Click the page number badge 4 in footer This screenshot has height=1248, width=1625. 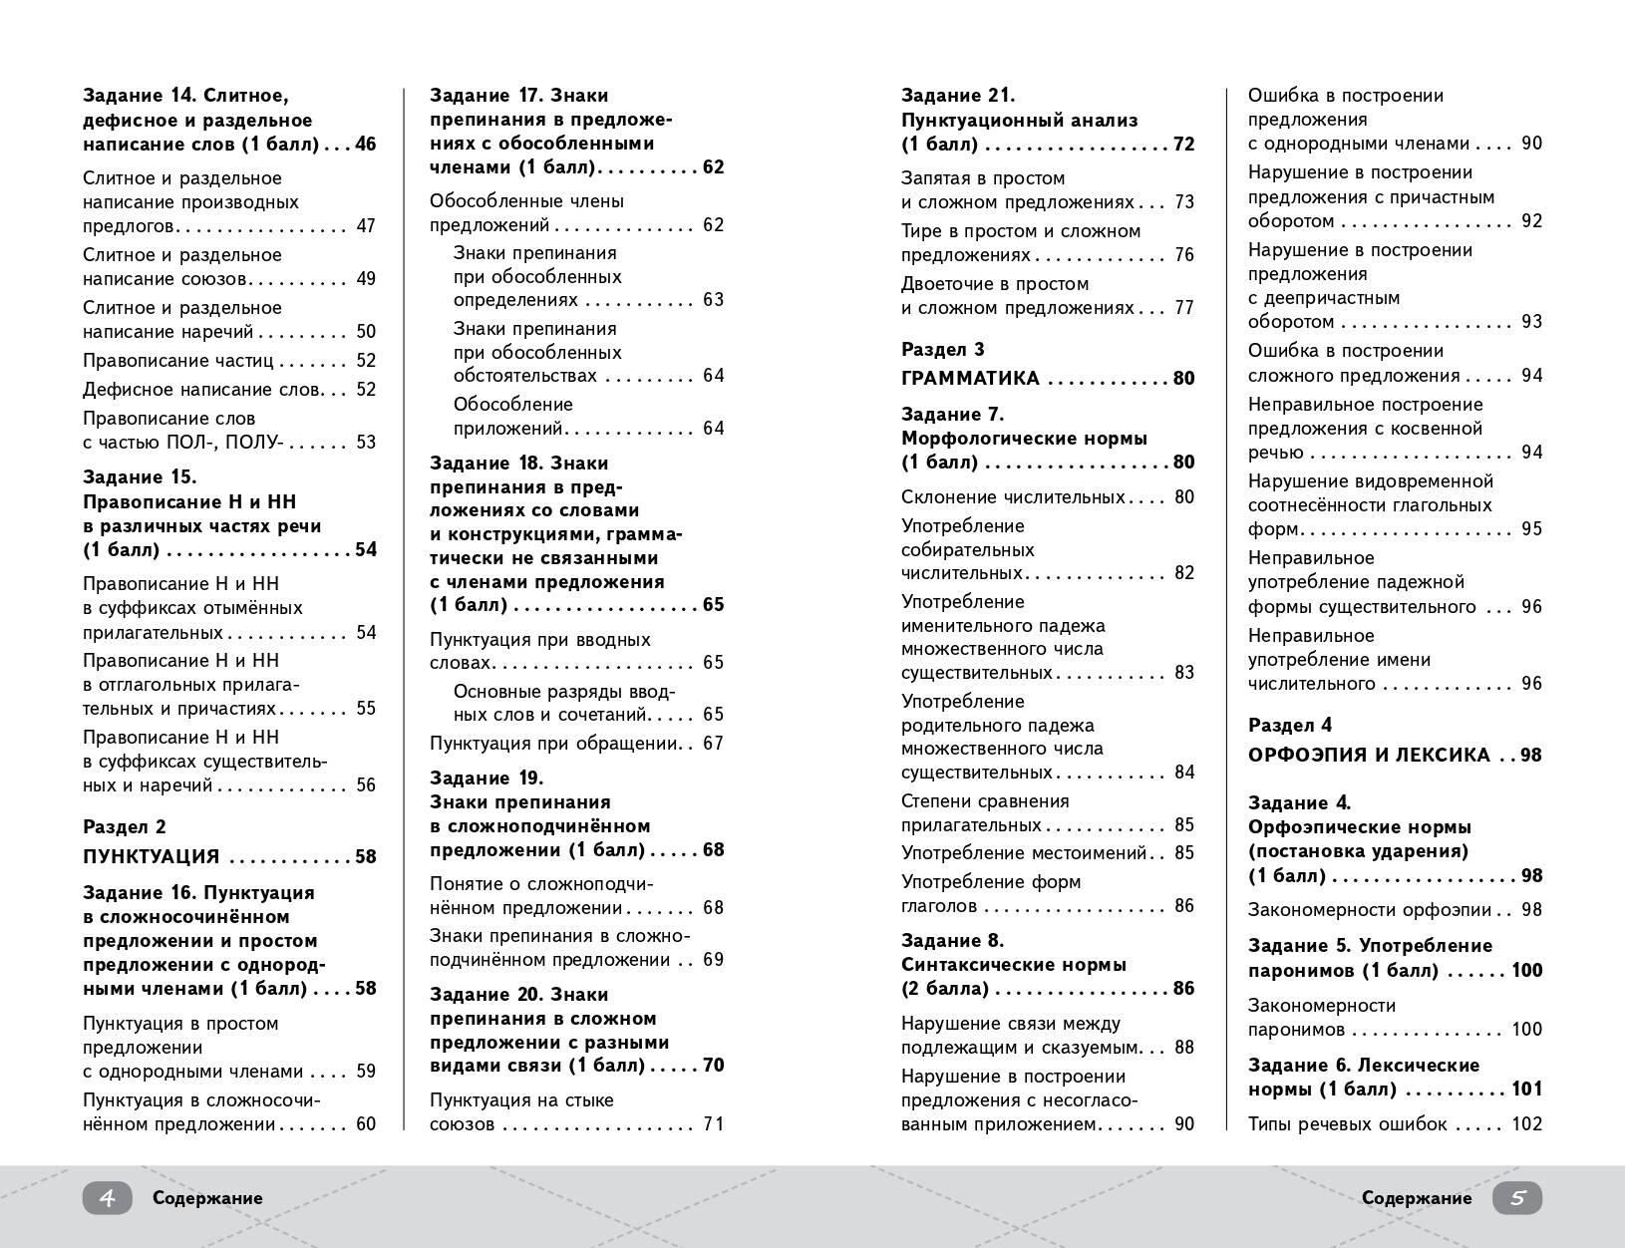pyautogui.click(x=107, y=1198)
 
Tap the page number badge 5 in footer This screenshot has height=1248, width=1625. pyautogui.click(x=1516, y=1198)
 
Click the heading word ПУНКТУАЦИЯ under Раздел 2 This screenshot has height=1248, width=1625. pyautogui.click(x=151, y=857)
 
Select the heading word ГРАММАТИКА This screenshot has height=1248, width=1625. pyautogui.click(x=970, y=379)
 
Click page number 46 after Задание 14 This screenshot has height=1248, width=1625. pyautogui.click(x=365, y=145)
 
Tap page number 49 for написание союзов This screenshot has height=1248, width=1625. pyautogui.click(x=365, y=279)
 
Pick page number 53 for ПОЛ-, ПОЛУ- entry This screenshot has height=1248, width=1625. pyautogui.click(x=365, y=443)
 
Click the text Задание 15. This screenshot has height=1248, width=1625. pyautogui.click(x=140, y=477)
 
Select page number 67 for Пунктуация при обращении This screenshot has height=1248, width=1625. pyautogui.click(x=712, y=744)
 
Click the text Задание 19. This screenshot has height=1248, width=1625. pyautogui.click(x=487, y=779)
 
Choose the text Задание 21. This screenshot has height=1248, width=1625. pyautogui.click(x=957, y=96)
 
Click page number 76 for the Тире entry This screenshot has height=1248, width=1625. pyautogui.click(x=1183, y=255)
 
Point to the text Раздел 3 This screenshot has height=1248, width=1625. pyautogui.click(x=942, y=350)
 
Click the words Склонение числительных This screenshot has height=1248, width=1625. pyautogui.click(x=1013, y=497)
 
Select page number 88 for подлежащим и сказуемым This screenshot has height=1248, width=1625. pyautogui.click(x=1183, y=1048)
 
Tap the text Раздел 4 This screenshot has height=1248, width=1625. pyautogui.click(x=1289, y=726)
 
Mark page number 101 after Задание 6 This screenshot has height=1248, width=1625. pyautogui.click(x=1526, y=1090)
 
